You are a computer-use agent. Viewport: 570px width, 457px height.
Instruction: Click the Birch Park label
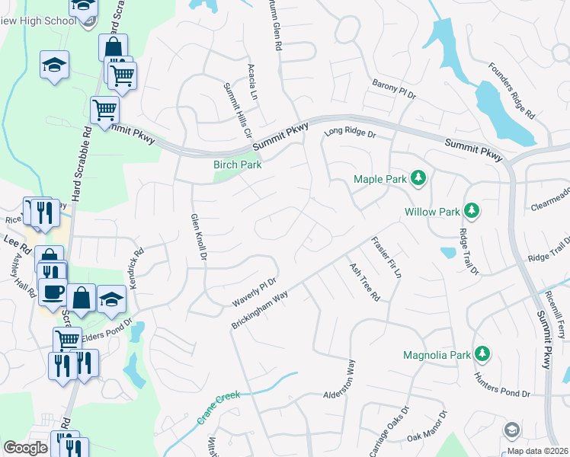tap(237, 165)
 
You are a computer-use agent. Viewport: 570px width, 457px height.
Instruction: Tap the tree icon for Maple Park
tap(418, 179)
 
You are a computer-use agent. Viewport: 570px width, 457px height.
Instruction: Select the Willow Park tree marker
tap(472, 209)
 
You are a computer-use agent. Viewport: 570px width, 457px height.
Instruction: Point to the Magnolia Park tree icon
tap(482, 354)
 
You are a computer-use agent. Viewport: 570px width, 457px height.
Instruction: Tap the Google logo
tap(25, 448)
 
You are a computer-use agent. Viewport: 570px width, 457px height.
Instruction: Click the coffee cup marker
tap(53, 291)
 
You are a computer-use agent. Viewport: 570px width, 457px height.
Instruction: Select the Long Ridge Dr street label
tap(351, 133)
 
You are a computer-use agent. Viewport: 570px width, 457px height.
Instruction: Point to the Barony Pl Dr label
tap(393, 90)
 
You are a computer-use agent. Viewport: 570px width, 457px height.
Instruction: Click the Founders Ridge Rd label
tap(512, 89)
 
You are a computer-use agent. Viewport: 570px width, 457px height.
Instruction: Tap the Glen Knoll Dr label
tap(198, 236)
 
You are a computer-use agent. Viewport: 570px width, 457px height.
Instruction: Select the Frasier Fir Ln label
tap(386, 257)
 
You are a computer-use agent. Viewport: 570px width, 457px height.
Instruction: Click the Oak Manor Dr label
tap(426, 429)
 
